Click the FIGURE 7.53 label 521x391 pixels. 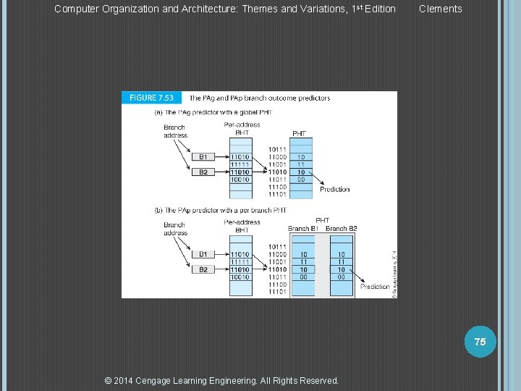click(152, 98)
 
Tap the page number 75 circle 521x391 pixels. click(480, 341)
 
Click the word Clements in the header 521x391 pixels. click(440, 9)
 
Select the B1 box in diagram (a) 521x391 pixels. click(203, 157)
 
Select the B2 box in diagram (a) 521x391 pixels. click(203, 172)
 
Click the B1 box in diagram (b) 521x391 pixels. click(203, 254)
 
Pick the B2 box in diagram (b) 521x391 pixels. click(203, 269)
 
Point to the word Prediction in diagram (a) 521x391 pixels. click(334, 190)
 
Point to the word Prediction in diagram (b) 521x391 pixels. click(375, 287)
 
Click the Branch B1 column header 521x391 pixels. click(303, 229)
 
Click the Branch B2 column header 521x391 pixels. click(342, 229)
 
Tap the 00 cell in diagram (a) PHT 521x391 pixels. click(302, 180)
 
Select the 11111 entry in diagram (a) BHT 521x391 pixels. click(240, 164)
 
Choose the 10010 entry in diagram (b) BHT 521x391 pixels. click(240, 277)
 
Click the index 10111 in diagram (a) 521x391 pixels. click(278, 149)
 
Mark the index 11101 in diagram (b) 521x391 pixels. click(278, 292)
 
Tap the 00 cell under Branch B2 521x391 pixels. click(341, 277)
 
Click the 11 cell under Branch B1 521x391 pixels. click(303, 262)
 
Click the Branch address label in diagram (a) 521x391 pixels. click(175, 132)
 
